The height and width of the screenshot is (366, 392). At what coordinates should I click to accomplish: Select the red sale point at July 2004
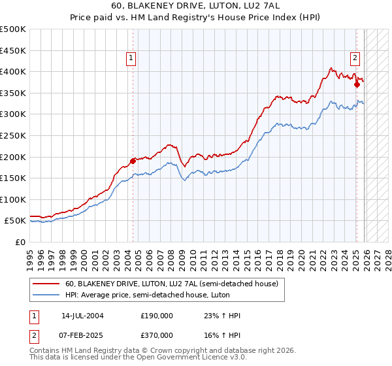tap(133, 160)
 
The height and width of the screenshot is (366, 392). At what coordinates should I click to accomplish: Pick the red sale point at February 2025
tap(357, 84)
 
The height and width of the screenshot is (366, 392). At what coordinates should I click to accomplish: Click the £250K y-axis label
tap(14, 135)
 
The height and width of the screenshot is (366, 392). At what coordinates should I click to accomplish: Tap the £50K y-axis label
tap(16, 221)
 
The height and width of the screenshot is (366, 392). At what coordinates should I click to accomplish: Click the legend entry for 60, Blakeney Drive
tap(172, 284)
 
